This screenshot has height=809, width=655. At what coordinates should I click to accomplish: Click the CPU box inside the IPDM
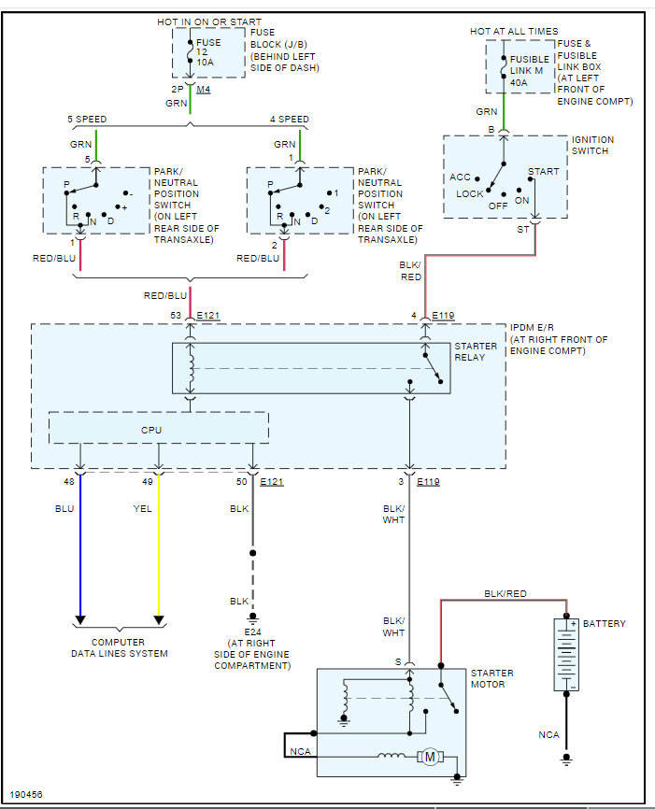159,428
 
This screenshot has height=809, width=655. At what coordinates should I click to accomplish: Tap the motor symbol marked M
430,757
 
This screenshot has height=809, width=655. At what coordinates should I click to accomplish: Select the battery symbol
566,655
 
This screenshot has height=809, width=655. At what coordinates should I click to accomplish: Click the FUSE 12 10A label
208,52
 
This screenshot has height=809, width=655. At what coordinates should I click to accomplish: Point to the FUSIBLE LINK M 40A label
529,71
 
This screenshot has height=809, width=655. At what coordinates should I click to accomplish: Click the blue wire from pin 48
80,546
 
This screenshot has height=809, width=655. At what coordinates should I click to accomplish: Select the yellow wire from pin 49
159,546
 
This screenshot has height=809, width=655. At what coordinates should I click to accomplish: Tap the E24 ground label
252,632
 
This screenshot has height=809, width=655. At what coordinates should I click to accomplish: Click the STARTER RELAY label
476,351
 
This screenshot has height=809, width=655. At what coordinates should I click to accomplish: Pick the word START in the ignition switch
543,171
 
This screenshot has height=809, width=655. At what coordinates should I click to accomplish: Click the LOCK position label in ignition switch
469,194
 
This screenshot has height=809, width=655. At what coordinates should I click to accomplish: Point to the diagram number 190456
26,795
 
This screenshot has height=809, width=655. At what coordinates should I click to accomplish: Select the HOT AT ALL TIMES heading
514,32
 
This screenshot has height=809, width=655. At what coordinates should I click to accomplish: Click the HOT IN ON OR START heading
209,22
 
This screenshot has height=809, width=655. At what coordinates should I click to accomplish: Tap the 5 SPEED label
87,120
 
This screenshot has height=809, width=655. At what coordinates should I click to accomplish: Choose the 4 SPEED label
289,120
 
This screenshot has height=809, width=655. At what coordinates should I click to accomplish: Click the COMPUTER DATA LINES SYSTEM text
120,648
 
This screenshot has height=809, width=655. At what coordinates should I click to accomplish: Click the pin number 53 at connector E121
176,315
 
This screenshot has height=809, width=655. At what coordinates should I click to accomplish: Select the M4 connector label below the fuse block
204,90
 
